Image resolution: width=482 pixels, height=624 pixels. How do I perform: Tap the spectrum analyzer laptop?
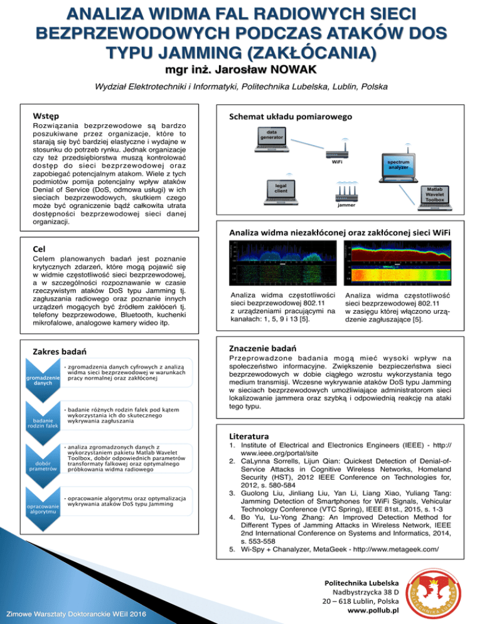coord(398,166)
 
